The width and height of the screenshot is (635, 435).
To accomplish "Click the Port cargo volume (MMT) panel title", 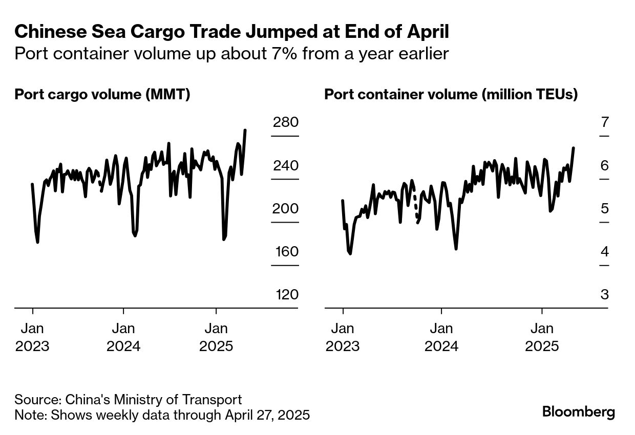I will click(102, 95).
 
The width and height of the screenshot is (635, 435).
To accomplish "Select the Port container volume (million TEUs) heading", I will click(451, 95).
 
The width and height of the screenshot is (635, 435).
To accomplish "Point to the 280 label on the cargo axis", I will click(286, 123).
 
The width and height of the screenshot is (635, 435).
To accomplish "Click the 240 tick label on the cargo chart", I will click(286, 166).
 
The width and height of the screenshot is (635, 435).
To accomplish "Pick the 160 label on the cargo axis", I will click(286, 252).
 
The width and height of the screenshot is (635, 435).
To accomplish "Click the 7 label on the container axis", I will click(605, 123).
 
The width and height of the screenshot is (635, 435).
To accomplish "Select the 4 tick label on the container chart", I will click(605, 252).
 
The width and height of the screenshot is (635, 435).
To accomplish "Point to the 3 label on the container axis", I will click(605, 295).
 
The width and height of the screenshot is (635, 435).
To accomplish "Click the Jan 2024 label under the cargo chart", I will click(123, 337).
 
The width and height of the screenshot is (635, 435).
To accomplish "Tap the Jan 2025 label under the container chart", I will click(542, 337).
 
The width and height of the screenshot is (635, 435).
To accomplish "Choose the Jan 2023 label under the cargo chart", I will click(32, 337).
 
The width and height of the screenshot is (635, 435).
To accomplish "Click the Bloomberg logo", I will click(579, 412).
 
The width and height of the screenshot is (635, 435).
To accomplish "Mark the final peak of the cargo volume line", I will click(245, 130).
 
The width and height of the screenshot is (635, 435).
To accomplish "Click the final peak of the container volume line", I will click(574, 148).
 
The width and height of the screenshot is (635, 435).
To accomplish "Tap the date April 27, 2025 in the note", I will click(267, 415).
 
